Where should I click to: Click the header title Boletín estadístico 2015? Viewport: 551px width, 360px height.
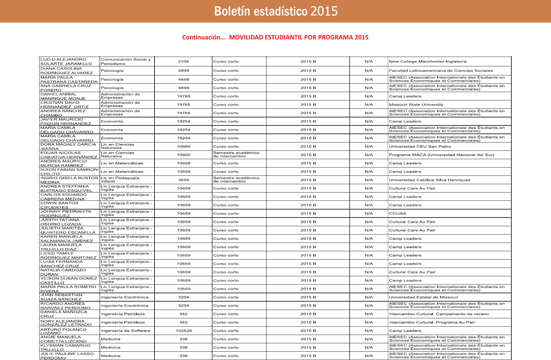(276, 11)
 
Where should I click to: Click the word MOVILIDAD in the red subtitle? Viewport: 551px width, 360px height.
(246, 38)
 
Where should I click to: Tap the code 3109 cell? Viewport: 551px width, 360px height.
(183, 62)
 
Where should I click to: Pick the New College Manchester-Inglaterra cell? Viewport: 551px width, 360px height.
(427, 62)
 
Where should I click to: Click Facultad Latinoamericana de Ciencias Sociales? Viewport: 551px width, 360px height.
(441, 71)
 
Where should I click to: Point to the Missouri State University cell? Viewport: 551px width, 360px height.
(416, 105)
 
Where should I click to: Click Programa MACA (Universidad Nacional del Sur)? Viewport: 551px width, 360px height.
(441, 155)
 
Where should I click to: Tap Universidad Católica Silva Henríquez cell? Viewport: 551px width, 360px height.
(429, 180)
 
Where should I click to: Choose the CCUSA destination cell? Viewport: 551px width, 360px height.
(398, 213)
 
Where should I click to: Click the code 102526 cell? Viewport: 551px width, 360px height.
(184, 331)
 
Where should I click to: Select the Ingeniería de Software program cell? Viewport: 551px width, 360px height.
(125, 331)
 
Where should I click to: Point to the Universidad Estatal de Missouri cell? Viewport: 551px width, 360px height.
(423, 297)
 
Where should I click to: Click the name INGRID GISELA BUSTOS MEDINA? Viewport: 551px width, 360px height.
(69, 180)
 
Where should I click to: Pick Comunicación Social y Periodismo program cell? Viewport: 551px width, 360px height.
(126, 62)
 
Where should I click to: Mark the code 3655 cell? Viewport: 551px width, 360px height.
(184, 180)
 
